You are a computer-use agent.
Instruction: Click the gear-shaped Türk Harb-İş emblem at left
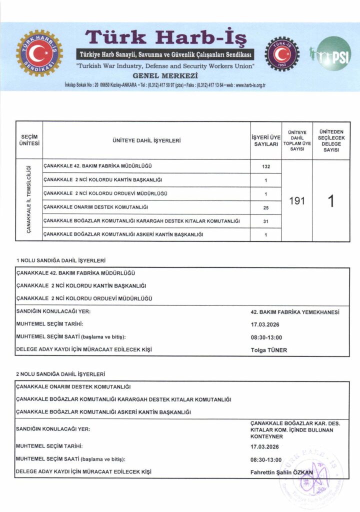pyautogui.click(x=39, y=53)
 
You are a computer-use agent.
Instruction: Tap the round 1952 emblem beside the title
pyautogui.click(x=282, y=53)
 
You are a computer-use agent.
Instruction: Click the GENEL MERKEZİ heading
pyautogui.click(x=165, y=75)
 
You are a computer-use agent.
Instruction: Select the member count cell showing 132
pyautogui.click(x=266, y=166)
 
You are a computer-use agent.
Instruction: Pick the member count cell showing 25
pyautogui.click(x=266, y=207)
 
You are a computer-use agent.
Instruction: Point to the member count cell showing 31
pyautogui.click(x=266, y=220)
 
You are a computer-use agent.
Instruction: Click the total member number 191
pyautogui.click(x=297, y=200)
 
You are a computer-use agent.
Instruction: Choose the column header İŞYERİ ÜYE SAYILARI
pyautogui.click(x=266, y=140)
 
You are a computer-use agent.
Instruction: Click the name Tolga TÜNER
pyautogui.click(x=269, y=350)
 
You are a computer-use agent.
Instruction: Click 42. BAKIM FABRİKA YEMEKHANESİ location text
pyautogui.click(x=295, y=312)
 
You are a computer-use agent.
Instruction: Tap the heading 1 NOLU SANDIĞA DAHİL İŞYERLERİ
pyautogui.click(x=60, y=260)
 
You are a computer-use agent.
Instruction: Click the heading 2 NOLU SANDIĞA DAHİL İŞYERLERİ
pyautogui.click(x=60, y=374)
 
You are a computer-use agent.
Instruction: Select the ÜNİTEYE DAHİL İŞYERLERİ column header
pyautogui.click(x=146, y=140)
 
